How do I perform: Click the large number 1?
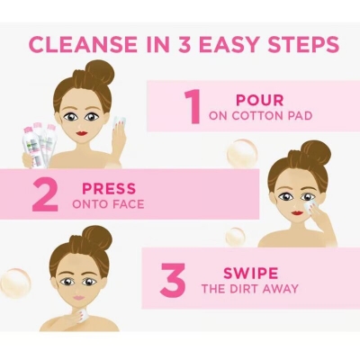(x=192, y=106)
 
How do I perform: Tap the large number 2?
(x=44, y=195)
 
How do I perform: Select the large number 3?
(x=173, y=279)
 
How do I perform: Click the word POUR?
(x=259, y=100)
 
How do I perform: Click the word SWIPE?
(x=252, y=272)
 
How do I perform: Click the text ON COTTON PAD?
(x=259, y=116)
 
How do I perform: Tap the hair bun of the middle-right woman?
(x=315, y=151)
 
